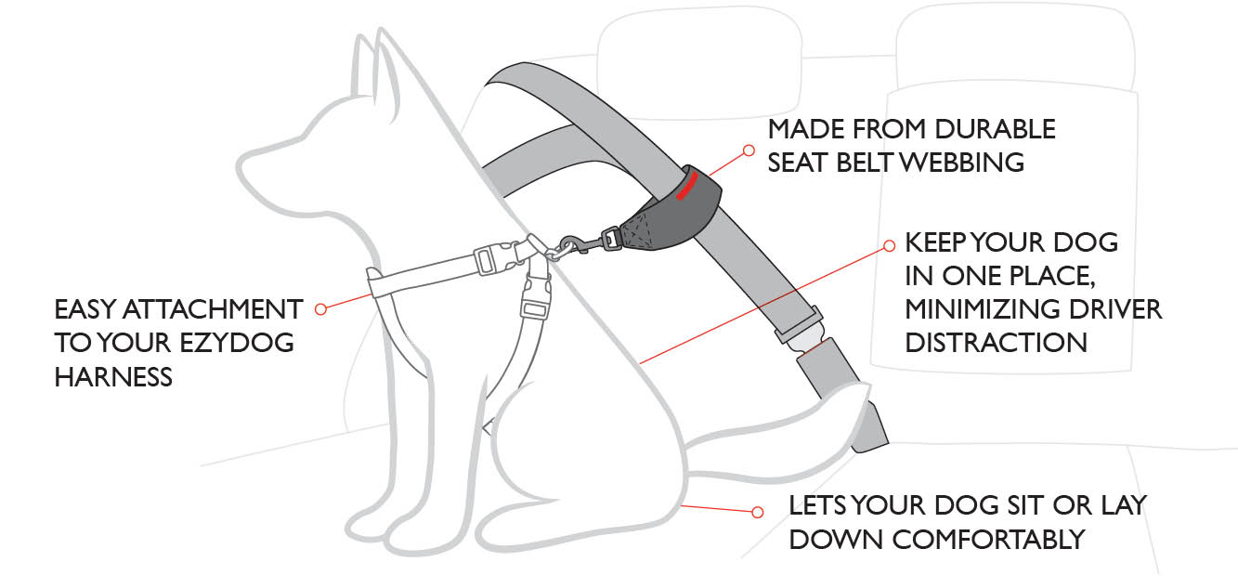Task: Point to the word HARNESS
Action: (x=113, y=376)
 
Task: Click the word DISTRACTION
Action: (x=997, y=342)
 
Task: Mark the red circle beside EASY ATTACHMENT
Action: (x=321, y=308)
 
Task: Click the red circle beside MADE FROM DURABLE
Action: (x=749, y=148)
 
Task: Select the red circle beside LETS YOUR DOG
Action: (x=757, y=511)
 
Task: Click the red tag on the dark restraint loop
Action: (x=687, y=184)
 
